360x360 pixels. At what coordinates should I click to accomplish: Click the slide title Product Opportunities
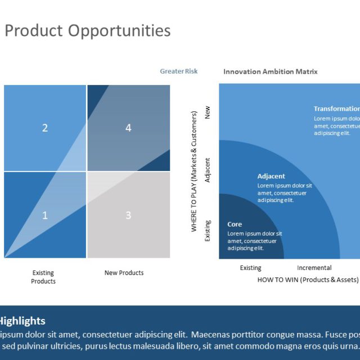pos(87,30)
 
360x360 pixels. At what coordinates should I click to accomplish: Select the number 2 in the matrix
pos(45,128)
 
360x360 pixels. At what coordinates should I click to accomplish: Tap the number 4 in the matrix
pos(128,128)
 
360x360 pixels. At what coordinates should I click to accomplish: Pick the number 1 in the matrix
pos(45,215)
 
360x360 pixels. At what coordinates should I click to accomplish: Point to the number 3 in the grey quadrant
pos(128,215)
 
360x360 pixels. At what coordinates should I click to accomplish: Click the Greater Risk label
pos(178,71)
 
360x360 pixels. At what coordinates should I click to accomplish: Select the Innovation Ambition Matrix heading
pos(270,71)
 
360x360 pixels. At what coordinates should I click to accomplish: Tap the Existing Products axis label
pos(43,277)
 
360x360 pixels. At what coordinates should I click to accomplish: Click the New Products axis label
pos(124,273)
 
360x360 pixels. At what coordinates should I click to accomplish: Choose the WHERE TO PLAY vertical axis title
pos(195,172)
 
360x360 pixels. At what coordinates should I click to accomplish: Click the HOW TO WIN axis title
pos(308,280)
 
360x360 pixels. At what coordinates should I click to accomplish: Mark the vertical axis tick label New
pos(208,112)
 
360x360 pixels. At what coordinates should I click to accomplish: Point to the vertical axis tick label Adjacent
pos(208,169)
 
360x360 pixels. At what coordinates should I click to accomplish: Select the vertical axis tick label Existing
pos(208,231)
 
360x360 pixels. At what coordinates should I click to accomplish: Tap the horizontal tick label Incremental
pos(314,268)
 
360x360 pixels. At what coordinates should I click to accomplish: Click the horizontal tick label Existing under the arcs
pos(251,268)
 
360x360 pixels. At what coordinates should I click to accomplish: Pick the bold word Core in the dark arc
pos(235,224)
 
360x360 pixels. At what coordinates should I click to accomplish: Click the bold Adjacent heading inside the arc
pos(271,176)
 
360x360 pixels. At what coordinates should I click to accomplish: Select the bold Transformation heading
pos(336,109)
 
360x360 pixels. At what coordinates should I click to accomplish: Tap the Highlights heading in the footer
pos(21,321)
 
